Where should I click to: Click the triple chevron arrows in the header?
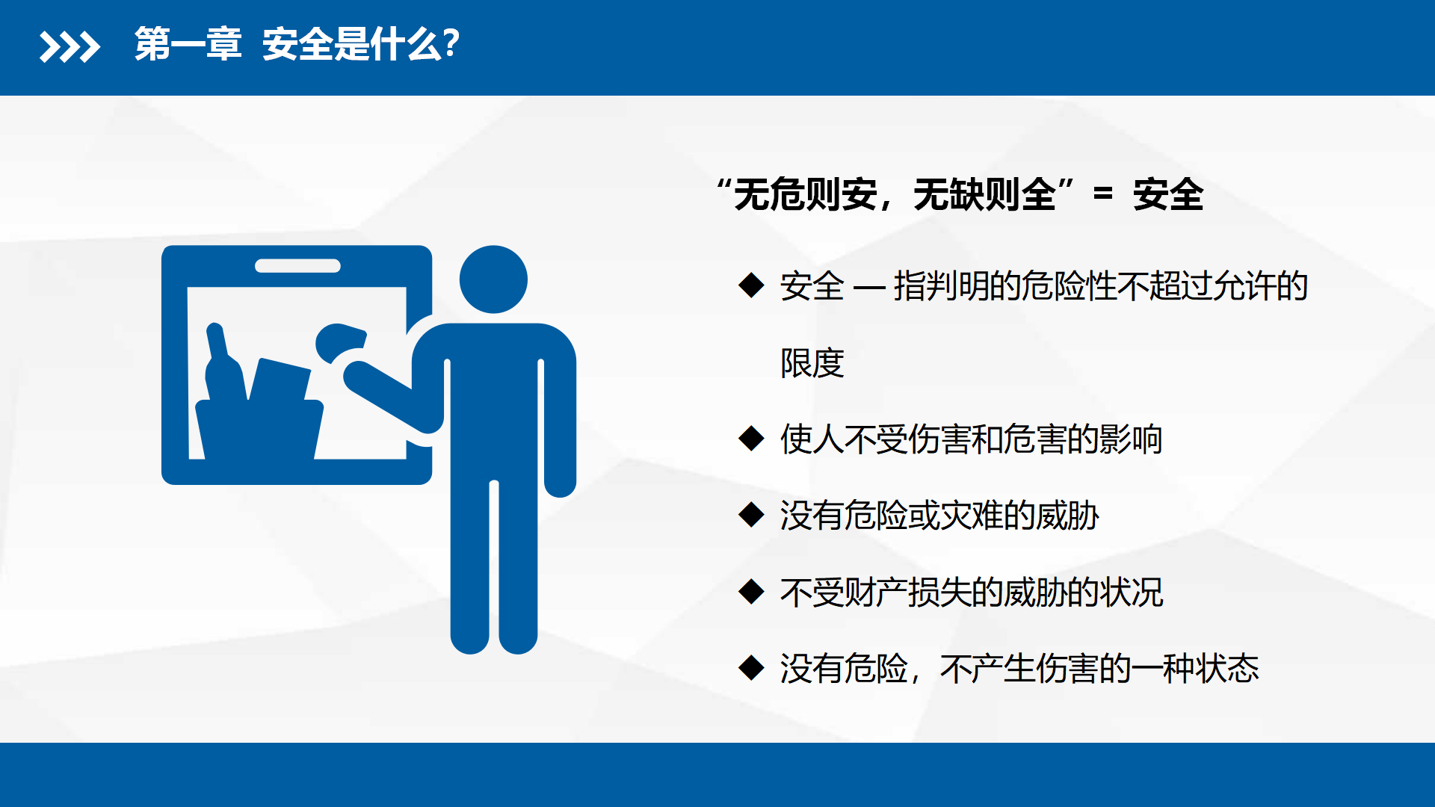pos(70,47)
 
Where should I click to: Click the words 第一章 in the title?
pos(188,44)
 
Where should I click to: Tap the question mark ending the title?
pos(451,44)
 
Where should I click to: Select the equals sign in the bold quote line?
pos(1102,194)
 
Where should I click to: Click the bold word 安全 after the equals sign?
pos(1168,194)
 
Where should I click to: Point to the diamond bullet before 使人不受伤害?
pos(751,439)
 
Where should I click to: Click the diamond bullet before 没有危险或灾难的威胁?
pos(751,515)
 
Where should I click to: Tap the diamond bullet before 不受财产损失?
pos(751,592)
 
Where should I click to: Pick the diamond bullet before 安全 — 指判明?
pos(751,285)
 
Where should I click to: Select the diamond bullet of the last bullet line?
pos(751,668)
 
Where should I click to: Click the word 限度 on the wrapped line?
pos(812,363)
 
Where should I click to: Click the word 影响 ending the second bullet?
pos(1131,439)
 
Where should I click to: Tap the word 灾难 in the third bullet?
pos(971,516)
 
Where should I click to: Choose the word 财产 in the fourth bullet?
pos(875,593)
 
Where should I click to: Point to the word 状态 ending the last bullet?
pos(1227,669)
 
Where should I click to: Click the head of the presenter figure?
pos(493,279)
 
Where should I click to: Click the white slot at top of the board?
pos(297,266)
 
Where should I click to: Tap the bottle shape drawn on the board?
pos(224,362)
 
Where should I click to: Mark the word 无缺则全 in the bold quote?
pos(984,194)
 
